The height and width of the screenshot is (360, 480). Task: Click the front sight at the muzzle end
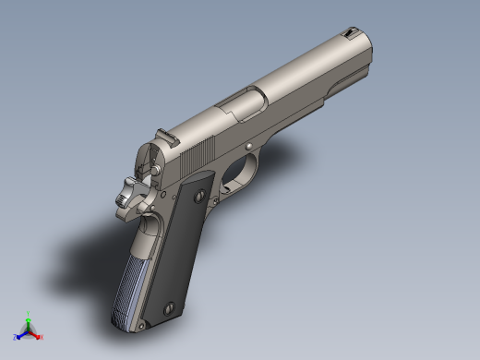[x=352, y=34]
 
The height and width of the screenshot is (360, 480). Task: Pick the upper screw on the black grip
[x=198, y=195]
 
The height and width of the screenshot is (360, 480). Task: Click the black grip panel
[x=182, y=249]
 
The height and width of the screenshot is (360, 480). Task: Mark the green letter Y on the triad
[x=29, y=314]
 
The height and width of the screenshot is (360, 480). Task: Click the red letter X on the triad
[x=42, y=337]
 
